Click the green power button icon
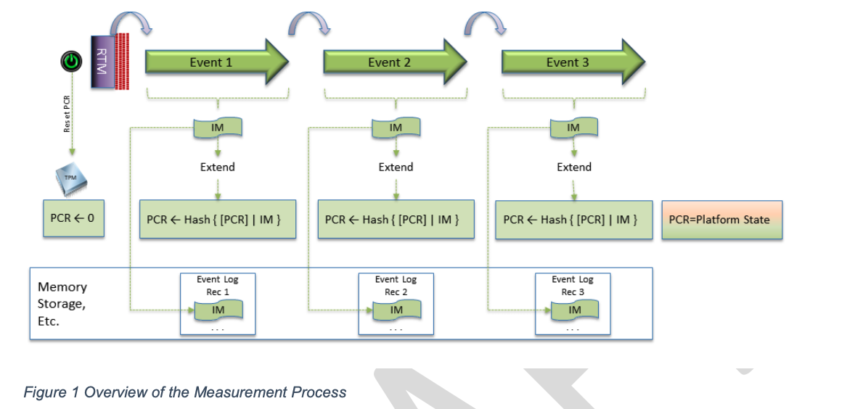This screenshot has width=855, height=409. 70,62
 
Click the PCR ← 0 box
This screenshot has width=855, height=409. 73,218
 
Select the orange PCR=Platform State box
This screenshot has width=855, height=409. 721,220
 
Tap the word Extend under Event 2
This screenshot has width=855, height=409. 396,167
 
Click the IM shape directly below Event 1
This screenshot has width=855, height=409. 217,128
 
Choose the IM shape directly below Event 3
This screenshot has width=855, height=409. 573,128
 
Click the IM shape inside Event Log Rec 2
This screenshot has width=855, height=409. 396,310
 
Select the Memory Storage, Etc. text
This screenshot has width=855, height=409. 62,304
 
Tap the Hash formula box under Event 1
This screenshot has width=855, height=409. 217,220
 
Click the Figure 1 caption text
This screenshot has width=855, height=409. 185,392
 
